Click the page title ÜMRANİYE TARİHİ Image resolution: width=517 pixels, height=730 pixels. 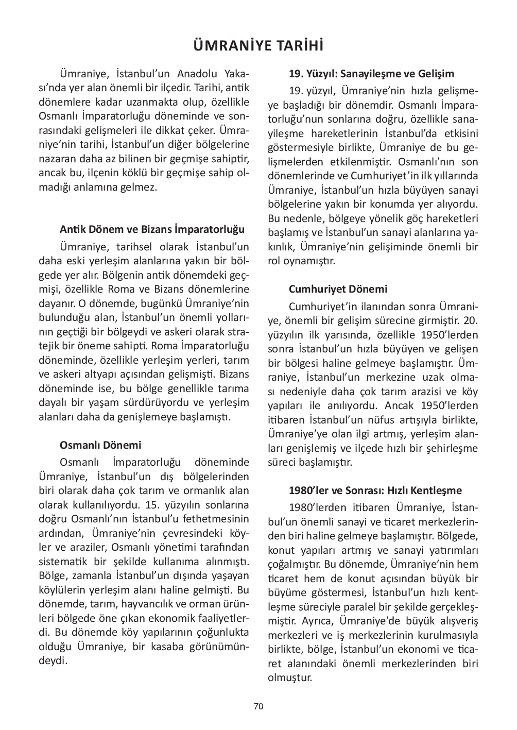click(258, 46)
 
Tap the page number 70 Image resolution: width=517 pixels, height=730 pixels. click(258, 706)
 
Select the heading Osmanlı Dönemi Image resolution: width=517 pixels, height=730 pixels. click(100, 445)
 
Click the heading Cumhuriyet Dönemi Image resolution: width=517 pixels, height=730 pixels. click(338, 289)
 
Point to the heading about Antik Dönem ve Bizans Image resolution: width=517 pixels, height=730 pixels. click(152, 229)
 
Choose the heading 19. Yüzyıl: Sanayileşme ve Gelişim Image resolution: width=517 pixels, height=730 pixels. click(371, 74)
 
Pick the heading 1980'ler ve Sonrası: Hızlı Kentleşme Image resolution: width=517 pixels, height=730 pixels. click(375, 490)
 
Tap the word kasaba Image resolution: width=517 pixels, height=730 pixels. click(170, 646)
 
